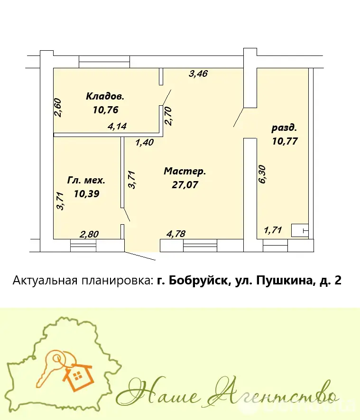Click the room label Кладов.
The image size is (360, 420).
click(105, 96)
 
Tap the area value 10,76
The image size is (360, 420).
click(105, 110)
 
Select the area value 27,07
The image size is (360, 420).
click(185, 184)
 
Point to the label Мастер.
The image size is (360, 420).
click(185, 171)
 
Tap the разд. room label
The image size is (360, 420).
click(284, 128)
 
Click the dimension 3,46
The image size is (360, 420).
click(198, 73)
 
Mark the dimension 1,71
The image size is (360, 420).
click(273, 231)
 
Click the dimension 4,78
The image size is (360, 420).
click(176, 233)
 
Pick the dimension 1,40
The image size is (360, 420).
click(144, 142)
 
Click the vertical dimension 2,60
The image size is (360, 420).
click(57, 107)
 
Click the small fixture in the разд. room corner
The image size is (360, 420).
click(300, 230)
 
